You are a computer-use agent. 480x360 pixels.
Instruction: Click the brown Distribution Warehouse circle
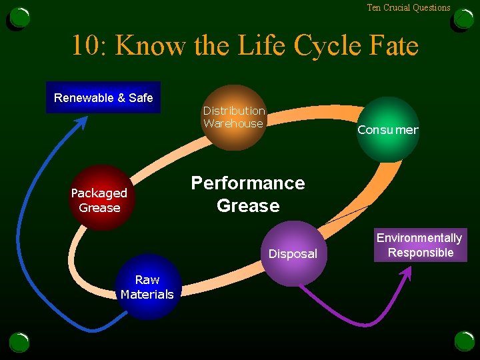coord(234,117)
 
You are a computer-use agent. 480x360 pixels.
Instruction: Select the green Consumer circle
coord(387,129)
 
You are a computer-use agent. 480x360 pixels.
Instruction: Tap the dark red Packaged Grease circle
coord(100,198)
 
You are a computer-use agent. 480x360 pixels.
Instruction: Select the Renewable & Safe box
coord(103,98)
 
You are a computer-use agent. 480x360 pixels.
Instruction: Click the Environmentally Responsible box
coord(420,245)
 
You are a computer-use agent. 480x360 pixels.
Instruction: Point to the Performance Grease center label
coord(248,194)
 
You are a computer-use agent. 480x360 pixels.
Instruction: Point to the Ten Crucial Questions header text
coord(408,8)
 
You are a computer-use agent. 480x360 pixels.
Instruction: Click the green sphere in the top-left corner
coord(20,17)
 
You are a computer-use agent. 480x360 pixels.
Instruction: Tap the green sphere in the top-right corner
coord(463,17)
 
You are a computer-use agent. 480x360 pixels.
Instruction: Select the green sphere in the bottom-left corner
coord(19,342)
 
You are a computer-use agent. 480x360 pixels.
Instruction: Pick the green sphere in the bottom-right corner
coord(464,341)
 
